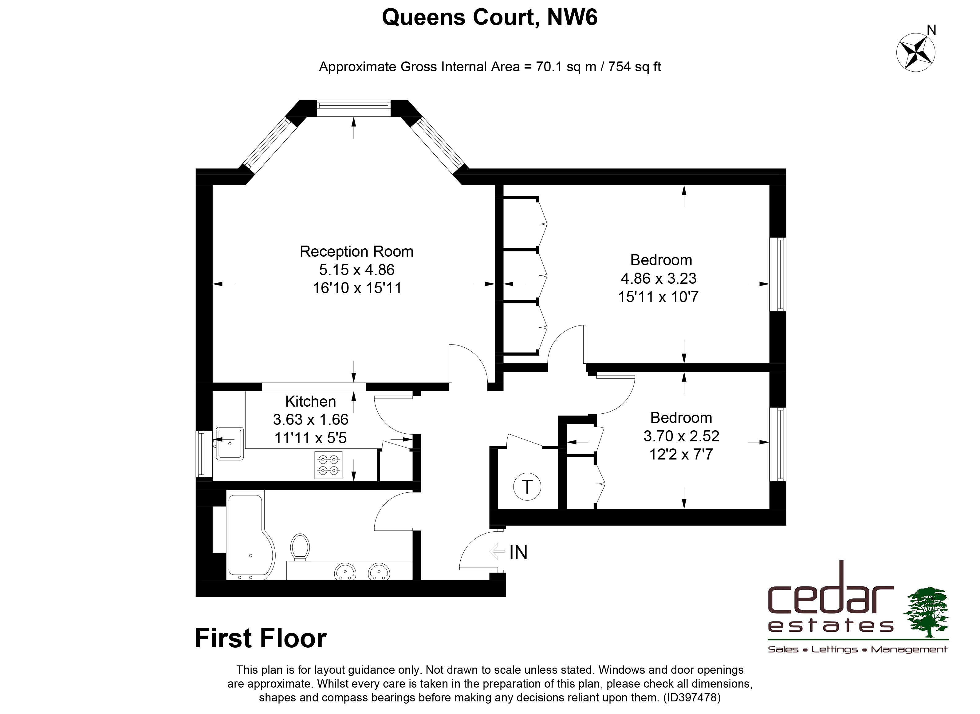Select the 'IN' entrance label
[518, 552]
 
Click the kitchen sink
[230, 444]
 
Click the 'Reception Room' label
[356, 251]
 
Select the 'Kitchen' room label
[311, 401]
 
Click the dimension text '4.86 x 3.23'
[659, 278]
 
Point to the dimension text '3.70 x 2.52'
[681, 436]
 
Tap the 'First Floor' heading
[261, 638]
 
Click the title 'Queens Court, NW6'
[490, 18]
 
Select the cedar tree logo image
[926, 612]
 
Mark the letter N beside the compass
[932, 30]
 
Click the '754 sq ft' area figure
[635, 67]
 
